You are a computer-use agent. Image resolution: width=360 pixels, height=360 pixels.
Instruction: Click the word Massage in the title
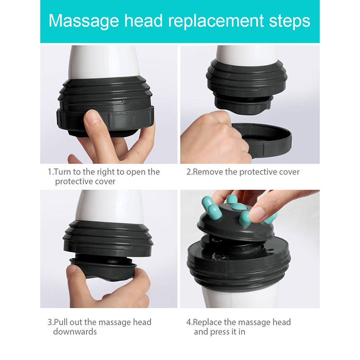pos(84,21)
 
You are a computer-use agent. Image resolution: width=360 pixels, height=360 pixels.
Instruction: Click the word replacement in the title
pos(216,21)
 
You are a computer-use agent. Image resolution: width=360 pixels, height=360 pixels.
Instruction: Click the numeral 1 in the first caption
pos(50,172)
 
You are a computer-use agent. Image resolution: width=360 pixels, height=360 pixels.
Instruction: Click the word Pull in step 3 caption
pos(61,322)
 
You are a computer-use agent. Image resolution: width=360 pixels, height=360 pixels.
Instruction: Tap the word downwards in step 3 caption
pos(75,332)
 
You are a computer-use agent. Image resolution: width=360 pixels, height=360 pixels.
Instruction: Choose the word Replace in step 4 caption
pos(208,322)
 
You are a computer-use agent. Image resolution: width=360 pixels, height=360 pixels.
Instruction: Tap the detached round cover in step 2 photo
pos(262,139)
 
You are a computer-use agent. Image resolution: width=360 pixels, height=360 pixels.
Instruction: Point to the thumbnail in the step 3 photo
pos(71,269)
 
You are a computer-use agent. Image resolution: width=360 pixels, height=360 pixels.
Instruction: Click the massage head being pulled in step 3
pos(103,267)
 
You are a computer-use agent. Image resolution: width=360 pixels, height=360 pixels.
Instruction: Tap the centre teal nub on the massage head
pos(239,207)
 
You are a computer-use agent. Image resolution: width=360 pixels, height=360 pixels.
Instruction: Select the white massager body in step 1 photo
pos(103,62)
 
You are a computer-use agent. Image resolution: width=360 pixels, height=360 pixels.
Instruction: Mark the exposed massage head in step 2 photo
pos(244,104)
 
